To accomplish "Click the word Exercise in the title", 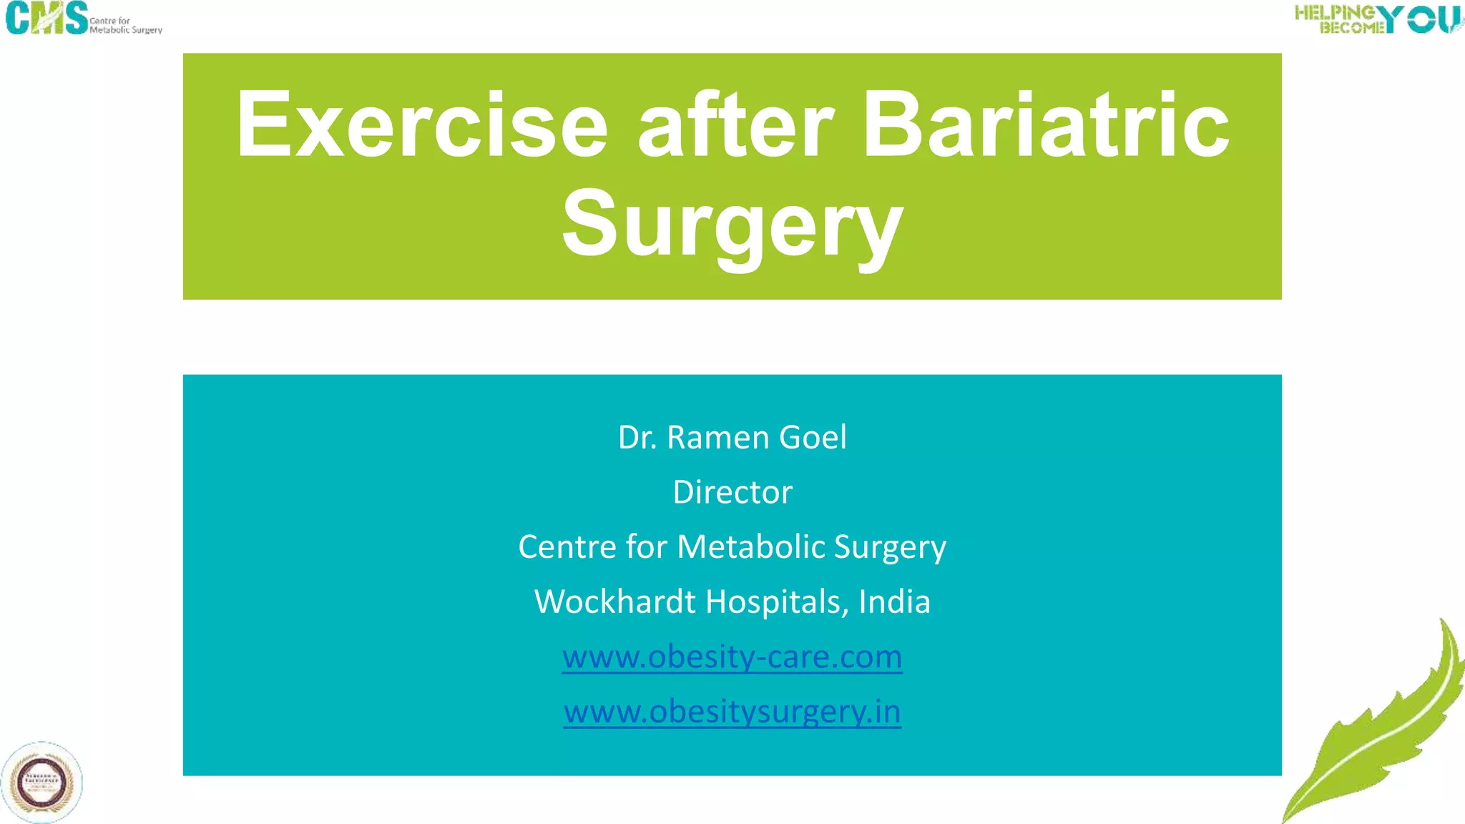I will pos(422,125).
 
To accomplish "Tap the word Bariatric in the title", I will pos(1046,125).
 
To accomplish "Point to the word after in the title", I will pos(735,125).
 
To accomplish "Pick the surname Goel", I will pos(813,437).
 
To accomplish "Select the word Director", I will pos(732,492).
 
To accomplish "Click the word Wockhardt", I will pos(614,602).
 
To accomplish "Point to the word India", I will pos(894,602).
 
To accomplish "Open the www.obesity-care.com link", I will pos(732,657).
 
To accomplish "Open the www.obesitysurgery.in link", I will pos(732,712).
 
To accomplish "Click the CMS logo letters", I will pos(46,18).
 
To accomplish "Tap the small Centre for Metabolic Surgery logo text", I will pos(125,26).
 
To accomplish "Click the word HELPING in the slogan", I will pos(1335,12).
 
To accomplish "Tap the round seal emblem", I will pos(41,782).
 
